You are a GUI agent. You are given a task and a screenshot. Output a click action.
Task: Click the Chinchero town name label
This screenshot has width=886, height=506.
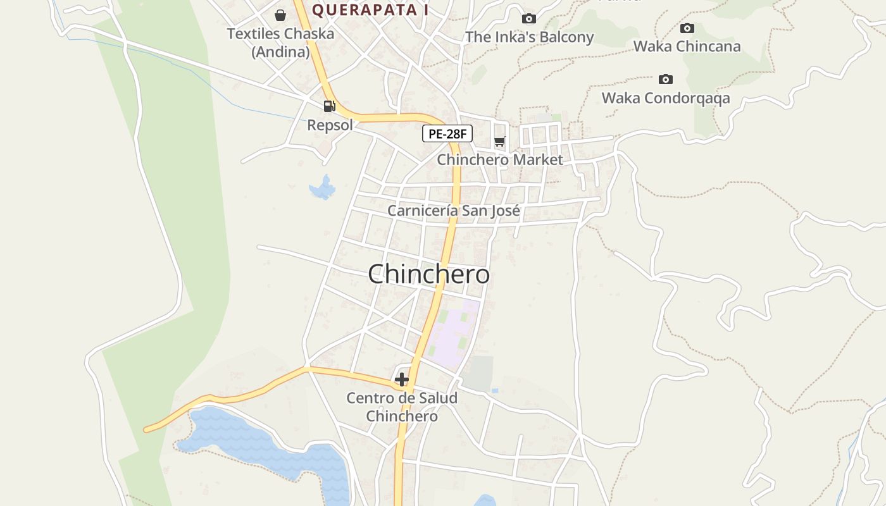pos(428,275)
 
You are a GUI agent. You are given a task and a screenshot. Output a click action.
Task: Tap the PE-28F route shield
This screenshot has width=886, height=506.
pos(447,133)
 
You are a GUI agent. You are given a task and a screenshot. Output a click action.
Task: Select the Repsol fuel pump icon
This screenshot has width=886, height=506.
pos(329,106)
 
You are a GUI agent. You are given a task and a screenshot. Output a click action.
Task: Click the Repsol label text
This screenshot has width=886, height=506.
pos(330,125)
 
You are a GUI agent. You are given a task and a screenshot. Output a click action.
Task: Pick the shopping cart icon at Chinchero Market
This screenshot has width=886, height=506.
pos(500,141)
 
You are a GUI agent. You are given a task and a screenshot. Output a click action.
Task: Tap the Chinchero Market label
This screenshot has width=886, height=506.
pos(499,159)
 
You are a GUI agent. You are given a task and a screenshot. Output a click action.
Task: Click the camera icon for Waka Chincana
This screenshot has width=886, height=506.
pos(687,28)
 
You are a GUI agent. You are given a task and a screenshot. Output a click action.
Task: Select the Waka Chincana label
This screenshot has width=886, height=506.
pos(687,46)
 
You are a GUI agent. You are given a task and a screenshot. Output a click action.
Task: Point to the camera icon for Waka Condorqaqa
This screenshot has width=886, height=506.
pos(665,79)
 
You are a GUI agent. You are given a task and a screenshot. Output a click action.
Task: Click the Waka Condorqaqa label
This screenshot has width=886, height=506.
pos(665,98)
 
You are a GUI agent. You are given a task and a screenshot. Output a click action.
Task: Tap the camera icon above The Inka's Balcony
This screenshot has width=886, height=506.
pos(528,19)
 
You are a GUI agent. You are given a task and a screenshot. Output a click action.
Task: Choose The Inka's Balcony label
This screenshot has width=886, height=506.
pos(529,37)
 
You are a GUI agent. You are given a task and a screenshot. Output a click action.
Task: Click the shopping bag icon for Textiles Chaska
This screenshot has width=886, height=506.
pos(280,15)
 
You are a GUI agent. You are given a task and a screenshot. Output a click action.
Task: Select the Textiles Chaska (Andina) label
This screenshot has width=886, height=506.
pos(280,42)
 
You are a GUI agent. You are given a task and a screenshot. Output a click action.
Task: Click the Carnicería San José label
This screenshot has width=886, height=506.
pos(453,211)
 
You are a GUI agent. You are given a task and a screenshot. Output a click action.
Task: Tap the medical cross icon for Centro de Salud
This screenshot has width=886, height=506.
pos(401,379)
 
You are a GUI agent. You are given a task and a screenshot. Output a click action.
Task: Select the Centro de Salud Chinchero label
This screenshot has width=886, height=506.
pos(401,407)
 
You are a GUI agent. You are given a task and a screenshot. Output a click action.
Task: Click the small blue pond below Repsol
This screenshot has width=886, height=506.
pos(322,188)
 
